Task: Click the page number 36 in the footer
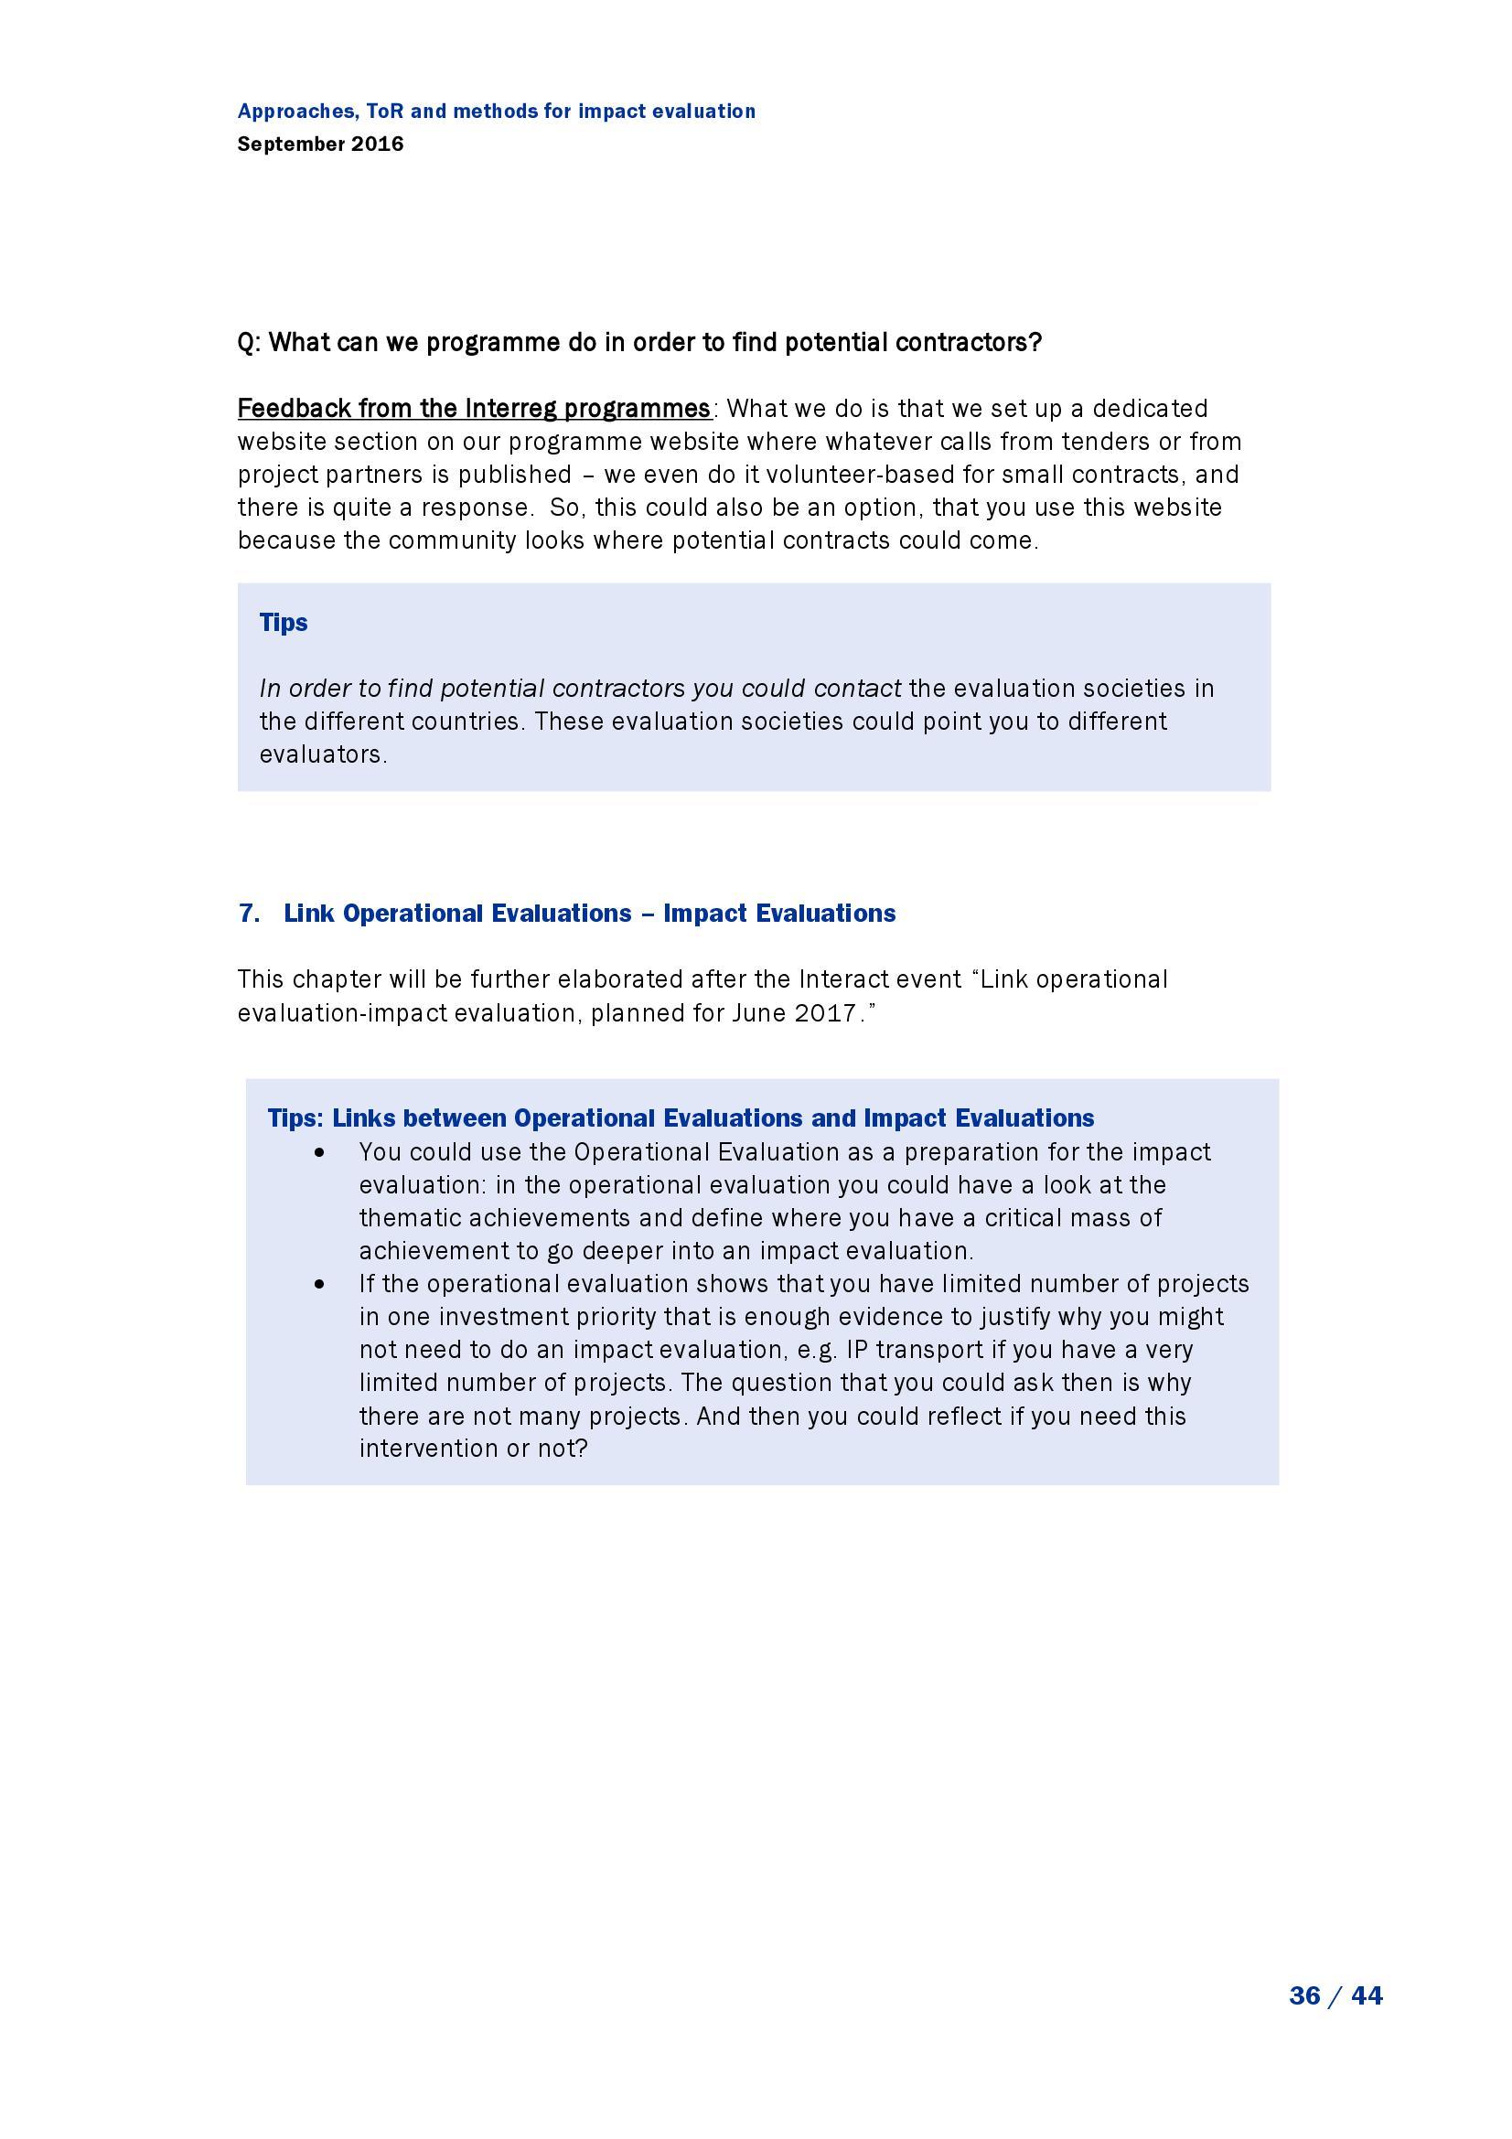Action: click(x=1304, y=1995)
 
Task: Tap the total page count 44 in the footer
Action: click(x=1367, y=1995)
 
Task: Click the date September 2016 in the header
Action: click(x=320, y=144)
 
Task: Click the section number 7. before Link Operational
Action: click(x=249, y=913)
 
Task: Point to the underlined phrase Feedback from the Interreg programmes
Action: click(x=474, y=409)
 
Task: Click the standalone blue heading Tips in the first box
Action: click(x=284, y=623)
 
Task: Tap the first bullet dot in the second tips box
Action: click(x=320, y=1153)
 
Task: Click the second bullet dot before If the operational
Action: click(x=320, y=1285)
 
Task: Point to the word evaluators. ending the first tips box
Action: click(x=323, y=754)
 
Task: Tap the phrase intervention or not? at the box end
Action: click(x=473, y=1449)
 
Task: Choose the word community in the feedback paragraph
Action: click(x=453, y=540)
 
